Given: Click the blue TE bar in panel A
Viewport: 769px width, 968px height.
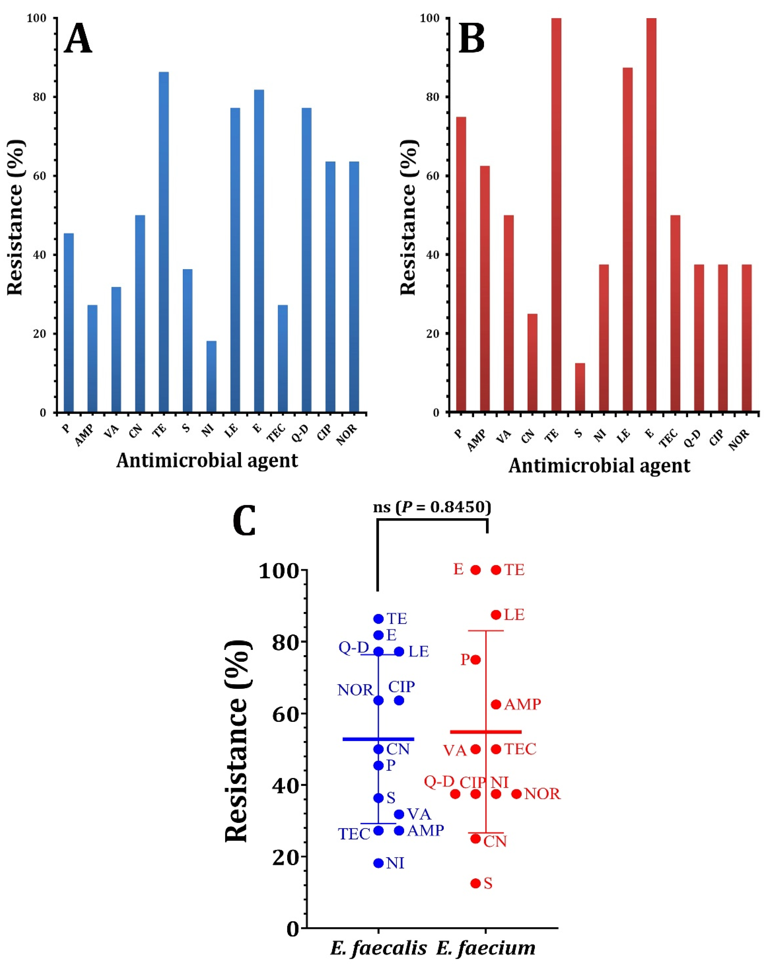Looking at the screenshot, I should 164,243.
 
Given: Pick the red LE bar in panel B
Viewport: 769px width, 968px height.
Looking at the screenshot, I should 627,240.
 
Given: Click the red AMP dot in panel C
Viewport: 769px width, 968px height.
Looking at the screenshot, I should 496,704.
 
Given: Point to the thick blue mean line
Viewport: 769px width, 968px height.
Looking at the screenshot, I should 378,739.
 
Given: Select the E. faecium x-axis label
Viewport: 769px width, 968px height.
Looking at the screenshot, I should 486,948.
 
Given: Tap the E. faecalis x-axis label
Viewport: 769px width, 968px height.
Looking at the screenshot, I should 378,948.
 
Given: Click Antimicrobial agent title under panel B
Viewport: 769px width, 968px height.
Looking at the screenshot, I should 599,466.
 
